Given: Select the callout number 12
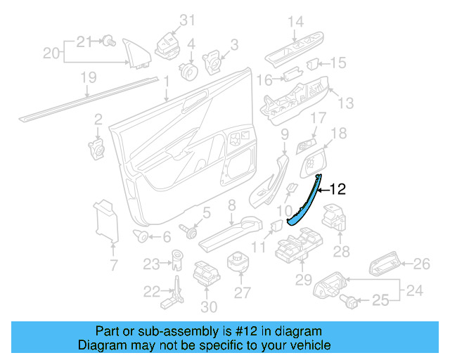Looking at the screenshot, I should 338,188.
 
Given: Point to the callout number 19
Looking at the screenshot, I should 87,77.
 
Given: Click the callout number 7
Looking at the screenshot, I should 113,265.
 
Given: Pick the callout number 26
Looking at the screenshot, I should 420,264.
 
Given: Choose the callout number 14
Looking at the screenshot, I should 295,22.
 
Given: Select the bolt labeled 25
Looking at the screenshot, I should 348,301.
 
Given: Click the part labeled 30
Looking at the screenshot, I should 204,274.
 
